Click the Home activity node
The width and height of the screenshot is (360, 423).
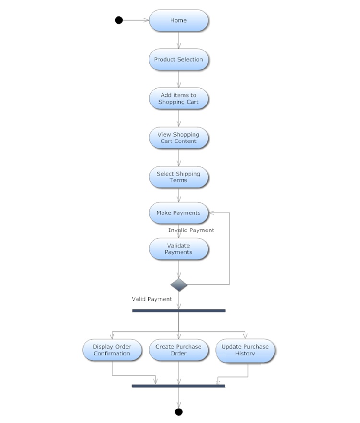click(x=179, y=21)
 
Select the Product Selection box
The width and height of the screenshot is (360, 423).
click(x=179, y=60)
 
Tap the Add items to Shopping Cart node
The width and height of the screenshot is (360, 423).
click(x=179, y=99)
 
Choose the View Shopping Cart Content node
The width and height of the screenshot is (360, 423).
click(x=179, y=138)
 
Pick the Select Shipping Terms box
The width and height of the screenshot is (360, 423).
click(x=179, y=177)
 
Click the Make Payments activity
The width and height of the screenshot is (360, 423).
click(x=179, y=212)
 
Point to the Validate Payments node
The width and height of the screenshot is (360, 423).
click(x=179, y=249)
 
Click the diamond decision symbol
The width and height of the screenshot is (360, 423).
click(x=179, y=284)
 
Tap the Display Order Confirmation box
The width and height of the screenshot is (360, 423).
click(x=112, y=350)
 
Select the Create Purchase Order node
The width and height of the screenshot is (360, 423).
click(x=179, y=350)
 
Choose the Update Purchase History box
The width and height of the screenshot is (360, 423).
click(x=245, y=350)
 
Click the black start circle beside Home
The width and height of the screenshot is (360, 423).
click(x=119, y=20)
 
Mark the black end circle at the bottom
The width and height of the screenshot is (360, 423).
click(x=179, y=411)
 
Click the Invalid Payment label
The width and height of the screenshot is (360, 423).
click(x=191, y=230)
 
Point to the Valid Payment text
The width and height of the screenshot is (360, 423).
click(x=152, y=299)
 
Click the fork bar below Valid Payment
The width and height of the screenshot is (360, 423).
click(x=179, y=311)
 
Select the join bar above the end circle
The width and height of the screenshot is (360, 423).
click(x=179, y=386)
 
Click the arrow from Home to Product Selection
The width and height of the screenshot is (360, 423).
click(x=179, y=40)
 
